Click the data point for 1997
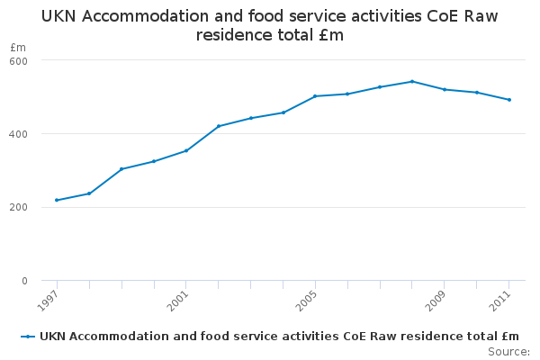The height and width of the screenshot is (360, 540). [x=57, y=200]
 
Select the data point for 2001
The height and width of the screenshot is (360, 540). [x=186, y=150]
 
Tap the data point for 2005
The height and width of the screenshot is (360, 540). [x=315, y=96]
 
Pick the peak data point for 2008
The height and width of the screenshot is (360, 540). [x=412, y=81]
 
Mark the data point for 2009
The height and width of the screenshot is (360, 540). [x=445, y=89]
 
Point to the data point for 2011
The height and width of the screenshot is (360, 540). [x=509, y=100]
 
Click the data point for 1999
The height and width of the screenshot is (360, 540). [x=121, y=169]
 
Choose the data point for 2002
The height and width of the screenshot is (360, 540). [x=219, y=126]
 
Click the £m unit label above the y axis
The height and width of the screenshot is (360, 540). [x=17, y=47]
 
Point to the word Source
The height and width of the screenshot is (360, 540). [x=508, y=351]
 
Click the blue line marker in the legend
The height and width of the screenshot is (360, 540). [x=29, y=337]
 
